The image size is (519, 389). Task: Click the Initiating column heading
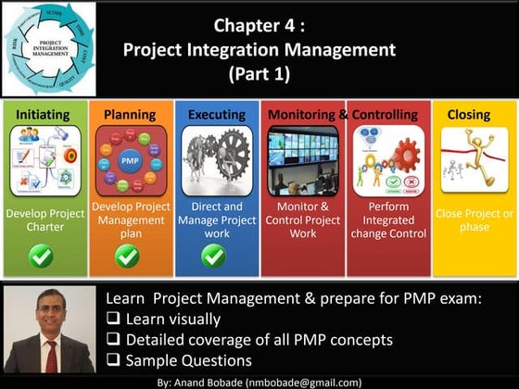(x=44, y=114)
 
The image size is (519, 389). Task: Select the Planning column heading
(x=130, y=114)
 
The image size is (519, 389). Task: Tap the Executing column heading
(x=216, y=114)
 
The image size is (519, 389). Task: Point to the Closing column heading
(x=469, y=114)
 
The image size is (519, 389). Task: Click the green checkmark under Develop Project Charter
(x=41, y=256)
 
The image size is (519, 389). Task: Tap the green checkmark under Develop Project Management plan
(x=129, y=256)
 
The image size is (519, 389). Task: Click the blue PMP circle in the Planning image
(x=130, y=159)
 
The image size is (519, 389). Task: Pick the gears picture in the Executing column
(x=216, y=158)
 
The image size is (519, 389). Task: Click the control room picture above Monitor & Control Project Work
(x=303, y=158)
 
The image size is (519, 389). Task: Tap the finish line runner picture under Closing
(x=469, y=158)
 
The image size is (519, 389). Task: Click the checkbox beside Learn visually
(x=113, y=320)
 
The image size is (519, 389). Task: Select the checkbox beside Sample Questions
(x=113, y=360)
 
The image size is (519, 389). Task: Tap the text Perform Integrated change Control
(x=389, y=220)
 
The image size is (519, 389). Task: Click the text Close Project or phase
(x=474, y=220)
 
